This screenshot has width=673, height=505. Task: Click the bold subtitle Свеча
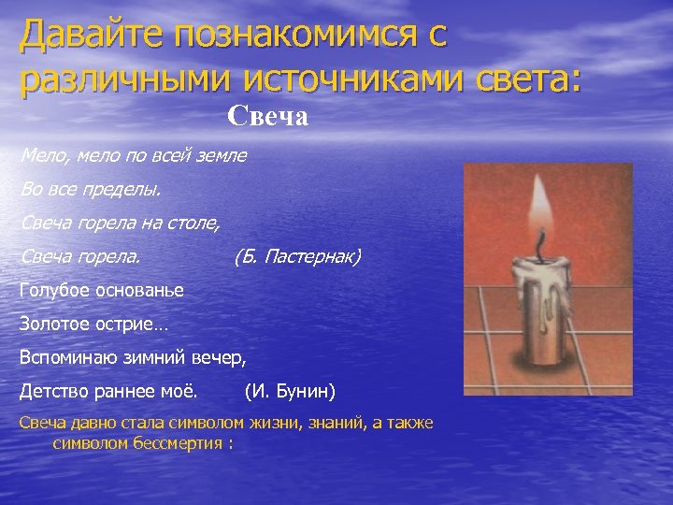pos(267,118)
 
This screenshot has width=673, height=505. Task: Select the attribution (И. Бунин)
pos(290,389)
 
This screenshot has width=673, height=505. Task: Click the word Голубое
pos(55,290)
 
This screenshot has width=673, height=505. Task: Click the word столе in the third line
pos(195,223)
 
